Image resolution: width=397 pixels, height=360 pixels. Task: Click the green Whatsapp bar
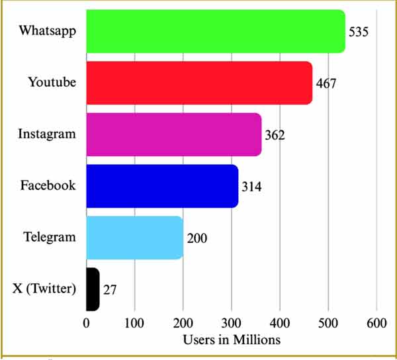coord(216,31)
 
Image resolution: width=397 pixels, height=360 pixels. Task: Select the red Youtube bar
coord(198,83)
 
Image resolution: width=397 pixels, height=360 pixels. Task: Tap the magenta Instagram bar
coord(173,134)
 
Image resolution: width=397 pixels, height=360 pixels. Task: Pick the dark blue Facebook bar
coord(162,186)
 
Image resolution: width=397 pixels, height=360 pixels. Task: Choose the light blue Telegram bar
coord(134,238)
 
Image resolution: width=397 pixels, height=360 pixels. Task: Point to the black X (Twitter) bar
coord(93,289)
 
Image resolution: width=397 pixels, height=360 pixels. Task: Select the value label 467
coord(326,84)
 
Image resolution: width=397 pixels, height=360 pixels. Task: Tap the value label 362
coord(275,136)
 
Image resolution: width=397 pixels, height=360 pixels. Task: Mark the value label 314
coord(251,187)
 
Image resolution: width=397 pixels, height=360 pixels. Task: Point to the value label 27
coord(110,290)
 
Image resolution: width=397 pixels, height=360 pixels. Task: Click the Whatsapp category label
coord(48,30)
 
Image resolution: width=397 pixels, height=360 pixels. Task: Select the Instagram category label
coord(47,134)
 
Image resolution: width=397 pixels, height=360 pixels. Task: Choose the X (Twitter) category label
coord(44,289)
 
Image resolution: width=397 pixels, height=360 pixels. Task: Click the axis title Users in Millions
coord(232,339)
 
